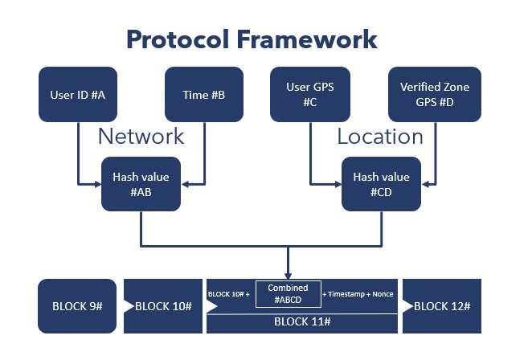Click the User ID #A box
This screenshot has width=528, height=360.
tap(78, 94)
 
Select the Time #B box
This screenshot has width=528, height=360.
tap(204, 94)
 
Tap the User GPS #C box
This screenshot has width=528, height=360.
tap(310, 94)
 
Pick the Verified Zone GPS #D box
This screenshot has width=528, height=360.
tap(435, 94)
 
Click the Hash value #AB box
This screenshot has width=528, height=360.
tap(141, 184)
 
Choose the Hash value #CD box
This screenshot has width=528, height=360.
tap(381, 184)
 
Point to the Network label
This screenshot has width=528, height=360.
tap(141, 137)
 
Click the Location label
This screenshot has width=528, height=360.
tap(380, 137)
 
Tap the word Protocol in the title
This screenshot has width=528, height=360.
tap(178, 39)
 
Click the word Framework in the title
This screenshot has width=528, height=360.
tap(307, 39)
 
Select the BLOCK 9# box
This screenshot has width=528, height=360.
tap(77, 306)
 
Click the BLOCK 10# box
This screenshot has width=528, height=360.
tap(163, 306)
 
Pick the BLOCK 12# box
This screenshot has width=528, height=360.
tap(442, 306)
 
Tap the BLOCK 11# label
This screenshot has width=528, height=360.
tap(302, 321)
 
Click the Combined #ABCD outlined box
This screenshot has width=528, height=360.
tap(289, 294)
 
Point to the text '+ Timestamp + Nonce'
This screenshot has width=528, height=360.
tap(358, 294)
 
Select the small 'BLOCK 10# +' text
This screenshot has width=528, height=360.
tap(229, 294)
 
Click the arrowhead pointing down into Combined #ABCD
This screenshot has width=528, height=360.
tap(288, 276)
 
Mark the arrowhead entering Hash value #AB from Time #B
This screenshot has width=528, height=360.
tap(186, 184)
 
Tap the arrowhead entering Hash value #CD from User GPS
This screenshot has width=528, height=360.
tap(338, 184)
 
